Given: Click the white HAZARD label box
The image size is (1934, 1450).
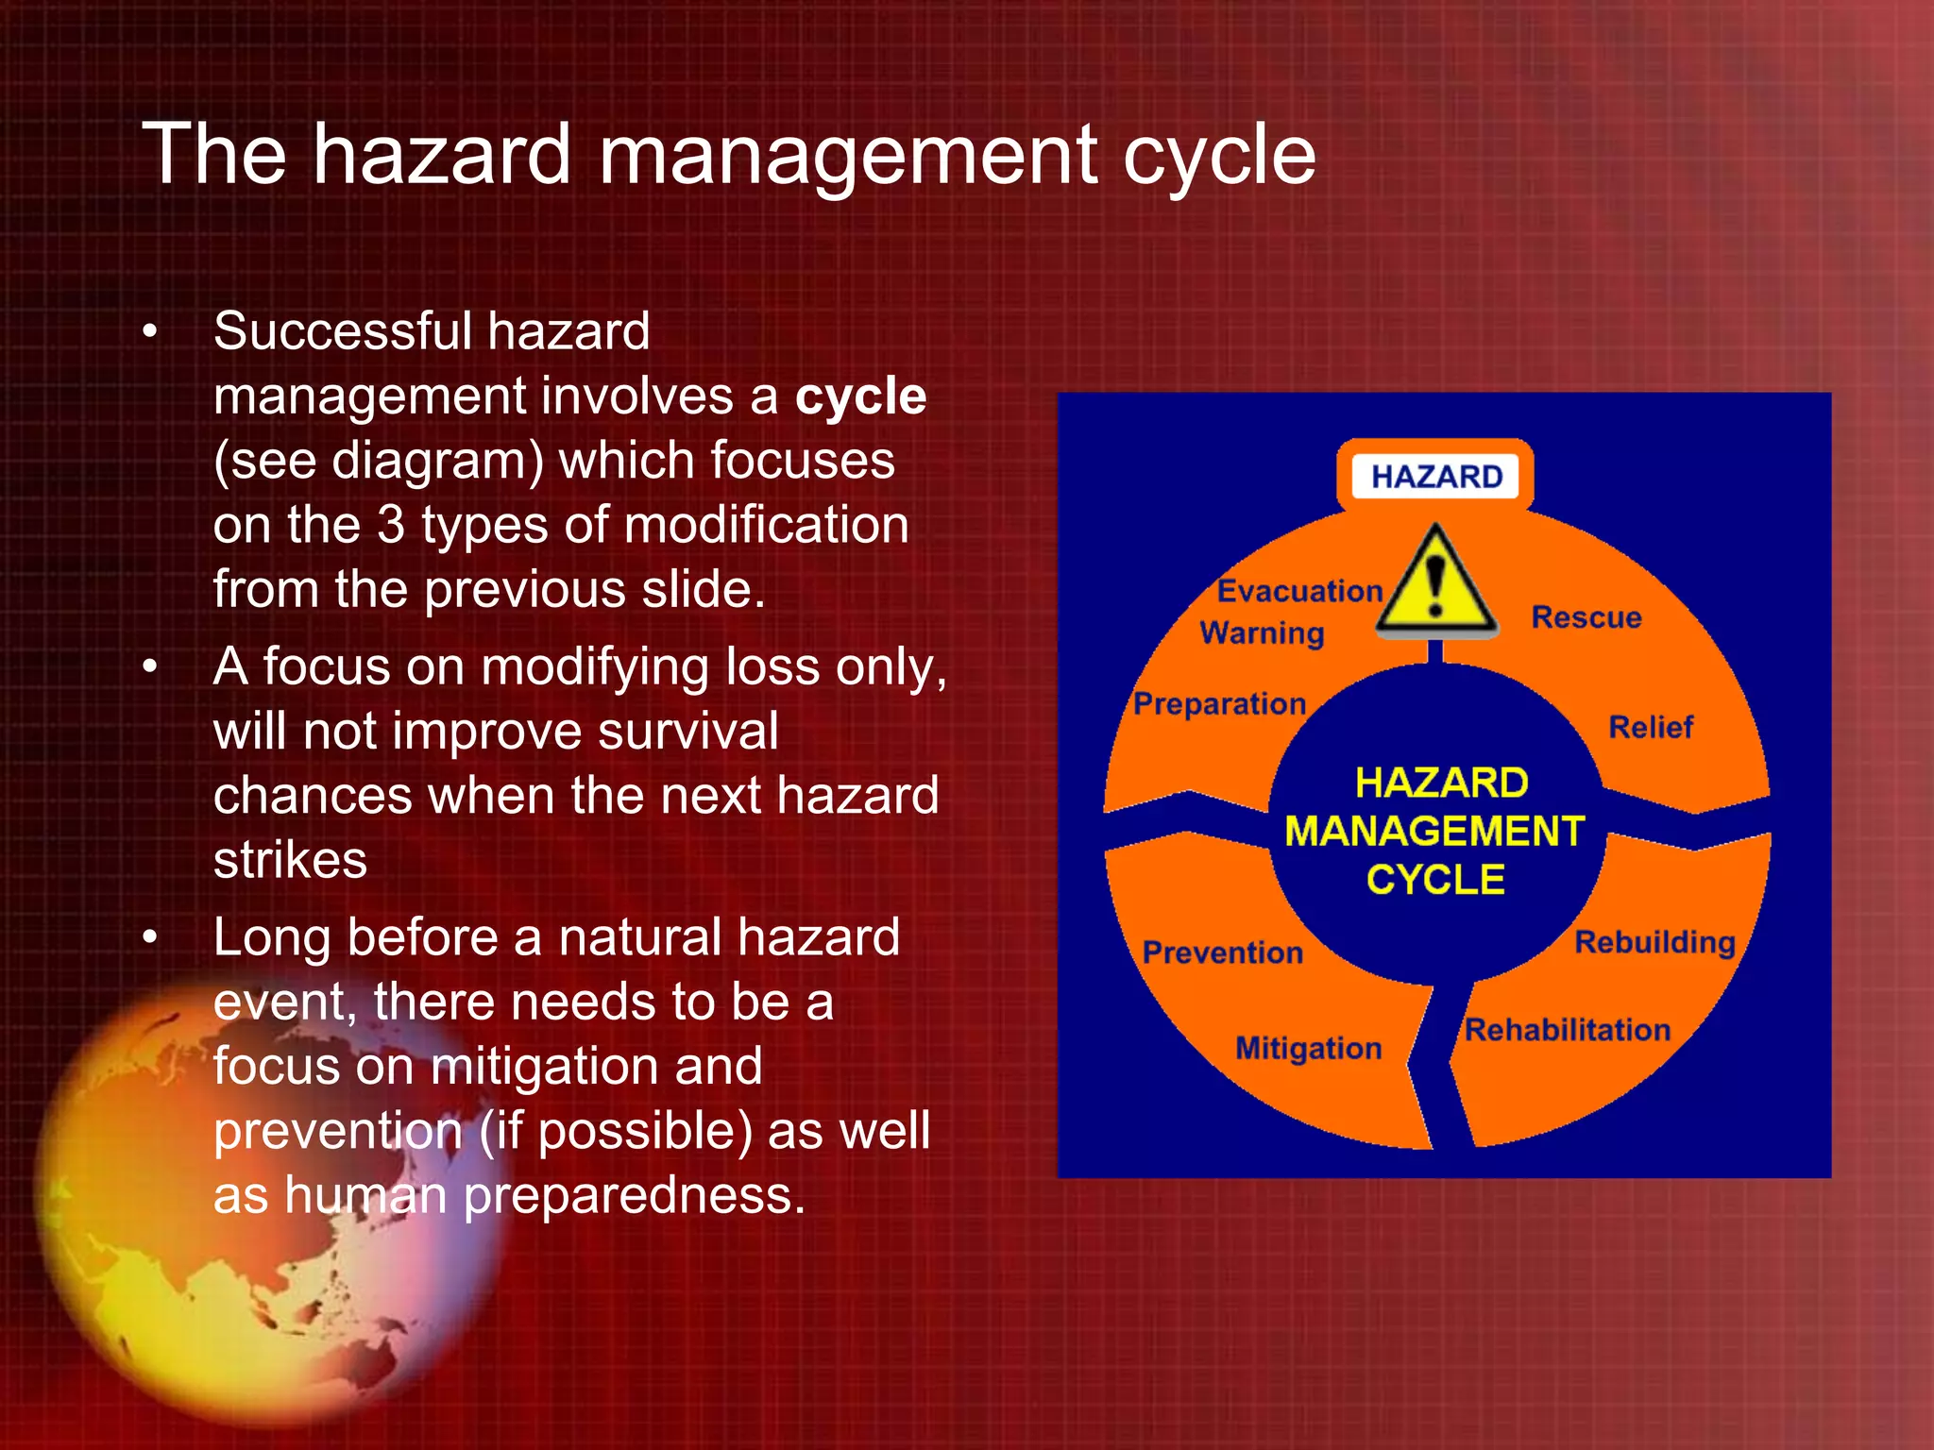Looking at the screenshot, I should pos(1435,477).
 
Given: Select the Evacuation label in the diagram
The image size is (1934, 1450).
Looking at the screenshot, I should pos(1299,591).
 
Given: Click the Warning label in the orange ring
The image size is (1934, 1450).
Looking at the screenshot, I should pos(1262,632).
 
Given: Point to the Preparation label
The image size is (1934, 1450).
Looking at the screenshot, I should pos(1219,704).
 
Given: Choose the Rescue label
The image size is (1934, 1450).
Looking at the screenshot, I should pos(1586,617).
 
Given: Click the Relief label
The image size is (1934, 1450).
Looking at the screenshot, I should pos(1651,727).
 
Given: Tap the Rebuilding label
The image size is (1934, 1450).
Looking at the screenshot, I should pos(1654,942).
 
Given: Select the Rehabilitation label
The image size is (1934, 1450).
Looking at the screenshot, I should pos(1568,1030).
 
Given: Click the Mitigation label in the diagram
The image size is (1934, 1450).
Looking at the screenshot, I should pos(1308,1049).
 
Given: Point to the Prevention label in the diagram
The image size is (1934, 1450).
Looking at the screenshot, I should pos(1222,953).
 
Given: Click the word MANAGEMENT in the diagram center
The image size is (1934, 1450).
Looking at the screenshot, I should pos(1434,832).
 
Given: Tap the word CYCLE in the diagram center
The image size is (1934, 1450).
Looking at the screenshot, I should pos(1435,880).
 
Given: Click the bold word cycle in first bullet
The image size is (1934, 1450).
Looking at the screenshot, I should pos(860,396).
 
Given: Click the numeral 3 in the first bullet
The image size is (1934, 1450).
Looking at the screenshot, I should pos(391,525).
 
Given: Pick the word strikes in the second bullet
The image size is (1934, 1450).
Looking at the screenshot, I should pos(290,860).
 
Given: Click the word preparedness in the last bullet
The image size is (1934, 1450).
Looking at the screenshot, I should pos(635,1195).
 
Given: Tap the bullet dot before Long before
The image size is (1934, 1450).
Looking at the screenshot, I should pos(149,938).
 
